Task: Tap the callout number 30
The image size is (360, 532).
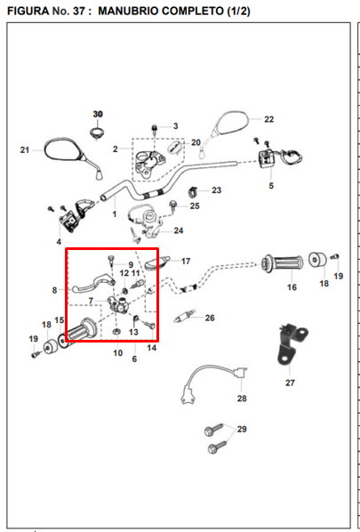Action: click(98, 115)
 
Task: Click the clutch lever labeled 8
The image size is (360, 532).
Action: click(93, 284)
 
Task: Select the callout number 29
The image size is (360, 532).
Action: click(242, 429)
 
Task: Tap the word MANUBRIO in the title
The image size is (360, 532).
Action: click(128, 12)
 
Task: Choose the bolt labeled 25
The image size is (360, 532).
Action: click(173, 206)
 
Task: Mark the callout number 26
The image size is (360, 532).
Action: click(210, 318)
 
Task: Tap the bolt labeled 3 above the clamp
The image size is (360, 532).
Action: click(155, 131)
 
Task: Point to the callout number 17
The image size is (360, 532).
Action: click(186, 262)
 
